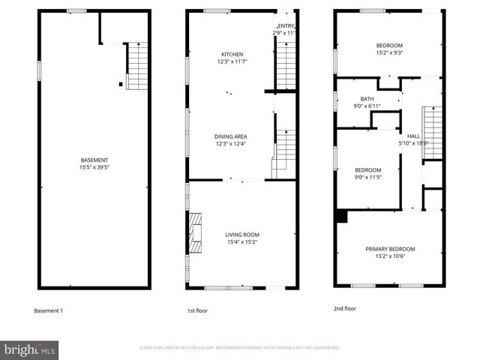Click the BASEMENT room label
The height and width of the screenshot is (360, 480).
(94, 160)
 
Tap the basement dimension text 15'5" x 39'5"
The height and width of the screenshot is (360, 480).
(94, 168)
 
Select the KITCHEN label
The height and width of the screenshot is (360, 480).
(231, 53)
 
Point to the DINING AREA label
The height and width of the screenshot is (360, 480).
(231, 136)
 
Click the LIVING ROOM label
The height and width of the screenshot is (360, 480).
(242, 235)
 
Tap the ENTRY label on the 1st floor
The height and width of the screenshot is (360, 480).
(286, 25)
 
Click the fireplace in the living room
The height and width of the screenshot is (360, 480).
(195, 233)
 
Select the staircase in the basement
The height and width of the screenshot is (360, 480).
(137, 66)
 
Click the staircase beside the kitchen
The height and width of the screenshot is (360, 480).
(286, 66)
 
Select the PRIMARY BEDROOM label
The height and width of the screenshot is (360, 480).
(389, 249)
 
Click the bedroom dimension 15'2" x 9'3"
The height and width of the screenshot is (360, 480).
(389, 53)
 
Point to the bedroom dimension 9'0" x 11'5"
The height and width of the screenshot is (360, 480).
(367, 178)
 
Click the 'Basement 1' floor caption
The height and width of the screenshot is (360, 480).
(49, 310)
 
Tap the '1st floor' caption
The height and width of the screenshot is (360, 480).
(197, 310)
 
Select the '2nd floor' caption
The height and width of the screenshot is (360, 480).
(345, 308)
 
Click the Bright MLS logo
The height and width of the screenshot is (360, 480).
(30, 349)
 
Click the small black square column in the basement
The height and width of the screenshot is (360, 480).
(120, 84)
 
